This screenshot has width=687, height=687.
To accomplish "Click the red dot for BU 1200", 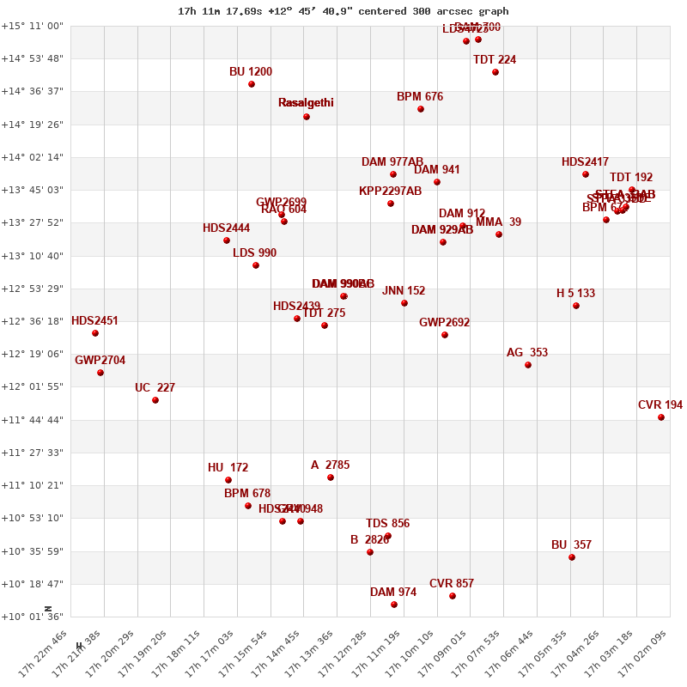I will pyautogui.click(x=252, y=84).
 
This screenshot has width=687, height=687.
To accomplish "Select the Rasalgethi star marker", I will pyautogui.click(x=307, y=117).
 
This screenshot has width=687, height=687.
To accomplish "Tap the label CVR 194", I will pyautogui.click(x=660, y=405).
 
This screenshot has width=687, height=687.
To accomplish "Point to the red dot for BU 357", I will pyautogui.click(x=572, y=557).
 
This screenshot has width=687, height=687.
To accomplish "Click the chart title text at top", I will pyautogui.click(x=343, y=11).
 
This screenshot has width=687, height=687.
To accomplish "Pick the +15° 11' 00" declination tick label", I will pyautogui.click(x=32, y=26).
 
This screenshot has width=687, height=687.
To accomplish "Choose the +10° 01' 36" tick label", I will pyautogui.click(x=32, y=617).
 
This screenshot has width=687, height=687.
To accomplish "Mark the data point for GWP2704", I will pyautogui.click(x=100, y=373).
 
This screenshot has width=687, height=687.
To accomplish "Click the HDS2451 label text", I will pyautogui.click(x=94, y=321).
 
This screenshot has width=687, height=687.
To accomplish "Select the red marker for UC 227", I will pyautogui.click(x=155, y=400).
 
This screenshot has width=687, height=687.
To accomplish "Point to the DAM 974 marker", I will pyautogui.click(x=394, y=605).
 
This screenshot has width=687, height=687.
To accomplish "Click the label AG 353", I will pyautogui.click(x=527, y=353).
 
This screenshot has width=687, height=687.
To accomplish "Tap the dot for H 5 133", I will pyautogui.click(x=576, y=306).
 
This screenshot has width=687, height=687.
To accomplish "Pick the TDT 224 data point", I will pyautogui.click(x=495, y=72).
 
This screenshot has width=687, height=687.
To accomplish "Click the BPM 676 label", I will pyautogui.click(x=420, y=97).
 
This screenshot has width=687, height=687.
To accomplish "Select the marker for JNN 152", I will pyautogui.click(x=404, y=303).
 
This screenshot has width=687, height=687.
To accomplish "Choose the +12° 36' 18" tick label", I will pyautogui.click(x=32, y=321).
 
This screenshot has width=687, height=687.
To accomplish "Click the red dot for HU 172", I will pyautogui.click(x=228, y=480).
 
